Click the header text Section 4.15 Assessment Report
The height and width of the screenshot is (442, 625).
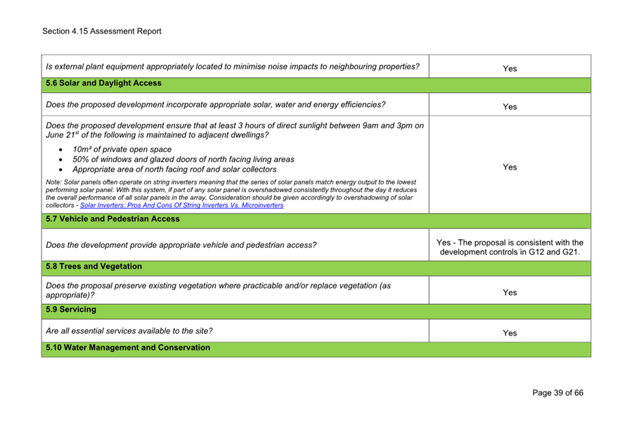point(101,31)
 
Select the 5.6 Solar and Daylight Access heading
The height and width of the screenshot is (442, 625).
point(103,83)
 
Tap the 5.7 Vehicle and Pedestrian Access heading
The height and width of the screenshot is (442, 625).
point(112,219)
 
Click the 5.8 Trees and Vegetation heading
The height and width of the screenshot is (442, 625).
point(94,267)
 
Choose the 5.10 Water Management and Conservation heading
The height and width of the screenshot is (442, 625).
point(127,348)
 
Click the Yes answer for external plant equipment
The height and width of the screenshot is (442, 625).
point(510,68)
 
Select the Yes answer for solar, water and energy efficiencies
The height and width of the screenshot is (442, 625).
point(510,107)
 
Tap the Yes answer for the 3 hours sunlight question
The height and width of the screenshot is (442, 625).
point(510,168)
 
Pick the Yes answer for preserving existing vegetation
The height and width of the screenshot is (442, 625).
point(510,292)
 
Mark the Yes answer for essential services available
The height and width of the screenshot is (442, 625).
point(510,333)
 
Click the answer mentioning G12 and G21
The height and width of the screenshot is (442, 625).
point(510,248)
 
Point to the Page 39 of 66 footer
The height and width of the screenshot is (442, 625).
point(558,393)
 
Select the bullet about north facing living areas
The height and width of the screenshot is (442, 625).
point(183,159)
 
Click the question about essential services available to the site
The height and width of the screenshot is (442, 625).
point(129,330)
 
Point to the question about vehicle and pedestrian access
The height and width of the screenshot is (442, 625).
point(181,246)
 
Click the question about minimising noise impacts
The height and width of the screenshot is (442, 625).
point(232,67)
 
